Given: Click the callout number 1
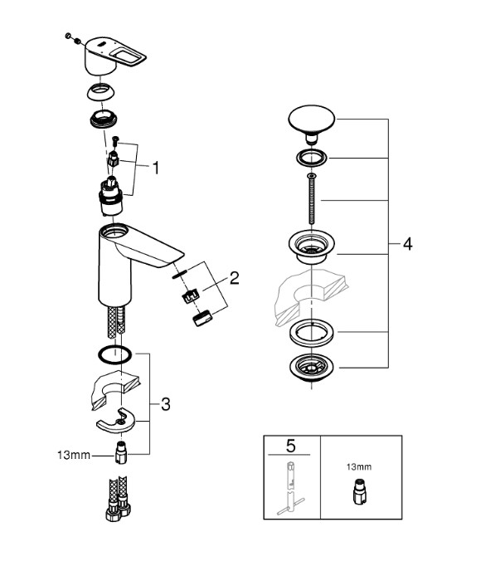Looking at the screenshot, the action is pos(156,168).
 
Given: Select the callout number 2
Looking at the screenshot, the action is pos(235,278).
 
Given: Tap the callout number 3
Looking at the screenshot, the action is pos(166,404).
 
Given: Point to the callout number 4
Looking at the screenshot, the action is pos(408,244).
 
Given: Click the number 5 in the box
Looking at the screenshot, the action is pos(291,446).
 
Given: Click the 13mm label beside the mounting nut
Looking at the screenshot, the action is pos(74,455).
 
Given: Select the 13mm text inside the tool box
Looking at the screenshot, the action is pos(359,467).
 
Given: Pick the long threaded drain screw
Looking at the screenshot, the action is pos(312,199).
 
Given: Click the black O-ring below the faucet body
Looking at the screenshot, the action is pos(114,354).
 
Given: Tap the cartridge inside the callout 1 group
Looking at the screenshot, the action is pos(111,197).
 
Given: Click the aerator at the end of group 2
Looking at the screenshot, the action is pos(202,318).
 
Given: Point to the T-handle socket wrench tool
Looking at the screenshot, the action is pos(291,488).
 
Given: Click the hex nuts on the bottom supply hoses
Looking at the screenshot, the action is pos(119,511).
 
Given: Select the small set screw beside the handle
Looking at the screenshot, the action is pos(77,41).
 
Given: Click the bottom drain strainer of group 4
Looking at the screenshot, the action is pos(312,368).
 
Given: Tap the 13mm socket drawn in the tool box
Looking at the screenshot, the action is pos(359,492).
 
